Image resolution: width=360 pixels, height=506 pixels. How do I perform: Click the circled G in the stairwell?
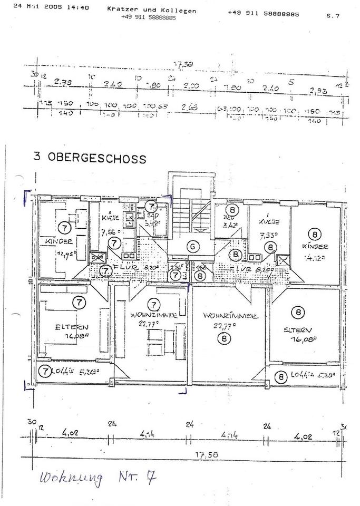click(193, 246)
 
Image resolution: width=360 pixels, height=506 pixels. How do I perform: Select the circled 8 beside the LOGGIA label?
click(282, 376)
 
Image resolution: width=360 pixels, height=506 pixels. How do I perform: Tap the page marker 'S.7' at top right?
click(333, 16)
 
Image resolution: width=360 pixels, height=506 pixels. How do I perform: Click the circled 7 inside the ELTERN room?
click(79, 303)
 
